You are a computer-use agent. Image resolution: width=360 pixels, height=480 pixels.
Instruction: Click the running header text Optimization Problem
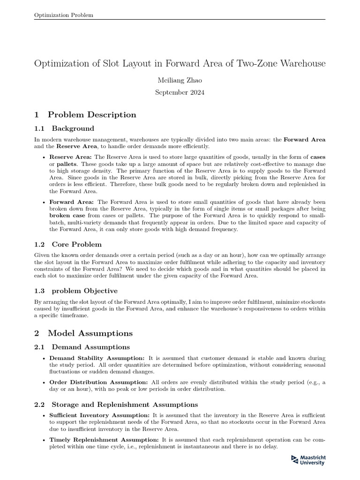point(64,15)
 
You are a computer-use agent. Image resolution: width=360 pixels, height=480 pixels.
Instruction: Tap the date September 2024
point(180,92)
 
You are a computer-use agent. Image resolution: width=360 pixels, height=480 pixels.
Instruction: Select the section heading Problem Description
point(92,115)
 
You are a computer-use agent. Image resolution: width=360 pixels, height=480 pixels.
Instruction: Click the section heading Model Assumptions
point(90,333)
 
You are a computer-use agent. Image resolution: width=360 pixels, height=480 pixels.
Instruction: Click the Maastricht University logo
point(308,460)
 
